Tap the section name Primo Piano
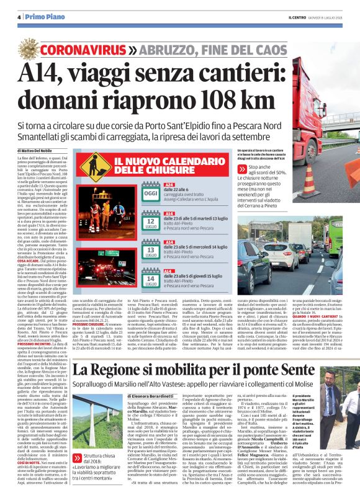[x=37, y=17]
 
